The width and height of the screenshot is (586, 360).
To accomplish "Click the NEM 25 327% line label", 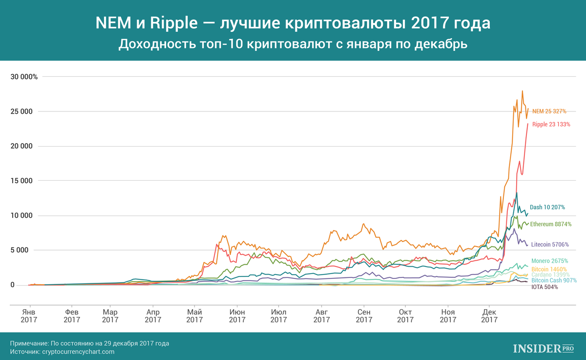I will coord(549,111).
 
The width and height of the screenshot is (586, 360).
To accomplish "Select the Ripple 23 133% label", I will coord(551,124).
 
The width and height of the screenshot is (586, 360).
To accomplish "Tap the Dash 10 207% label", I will coord(547,207).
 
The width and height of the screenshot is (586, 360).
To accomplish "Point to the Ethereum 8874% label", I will coord(550,224).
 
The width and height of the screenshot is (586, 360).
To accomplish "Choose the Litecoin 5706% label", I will coord(549,244).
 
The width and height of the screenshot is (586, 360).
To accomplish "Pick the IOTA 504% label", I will coord(544,287).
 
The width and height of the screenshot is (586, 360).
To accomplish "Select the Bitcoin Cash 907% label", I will coord(554,280).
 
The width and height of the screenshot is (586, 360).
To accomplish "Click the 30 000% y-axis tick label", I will coord(24,77).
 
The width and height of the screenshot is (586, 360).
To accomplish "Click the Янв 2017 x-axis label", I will coord(30,316).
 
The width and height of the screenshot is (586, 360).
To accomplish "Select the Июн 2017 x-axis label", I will coord(237,316).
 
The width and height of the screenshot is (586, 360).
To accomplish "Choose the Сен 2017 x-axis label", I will coord(363,316).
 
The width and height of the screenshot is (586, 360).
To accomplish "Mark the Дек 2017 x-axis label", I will coord(489,316).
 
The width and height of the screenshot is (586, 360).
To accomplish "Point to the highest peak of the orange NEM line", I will coord(523,91).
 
